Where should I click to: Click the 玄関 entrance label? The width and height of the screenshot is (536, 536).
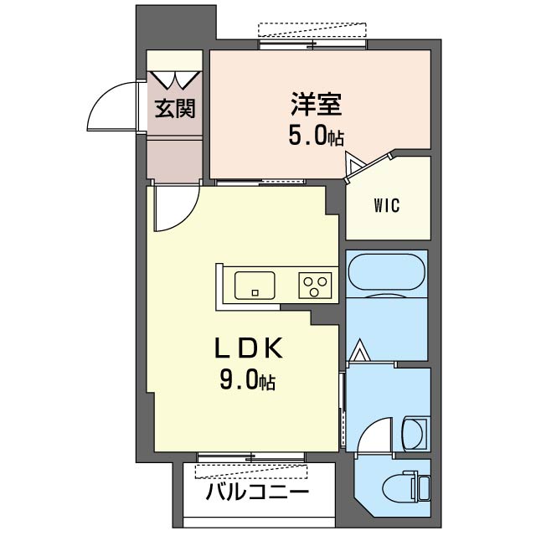point(175,110)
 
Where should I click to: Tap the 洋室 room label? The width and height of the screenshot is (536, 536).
point(316,106)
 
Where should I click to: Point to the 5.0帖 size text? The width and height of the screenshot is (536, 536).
point(316,137)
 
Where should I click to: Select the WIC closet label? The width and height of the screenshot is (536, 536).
point(388,205)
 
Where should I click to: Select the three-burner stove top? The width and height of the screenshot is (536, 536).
point(316,286)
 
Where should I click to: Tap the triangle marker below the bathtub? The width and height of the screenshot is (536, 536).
point(360,349)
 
